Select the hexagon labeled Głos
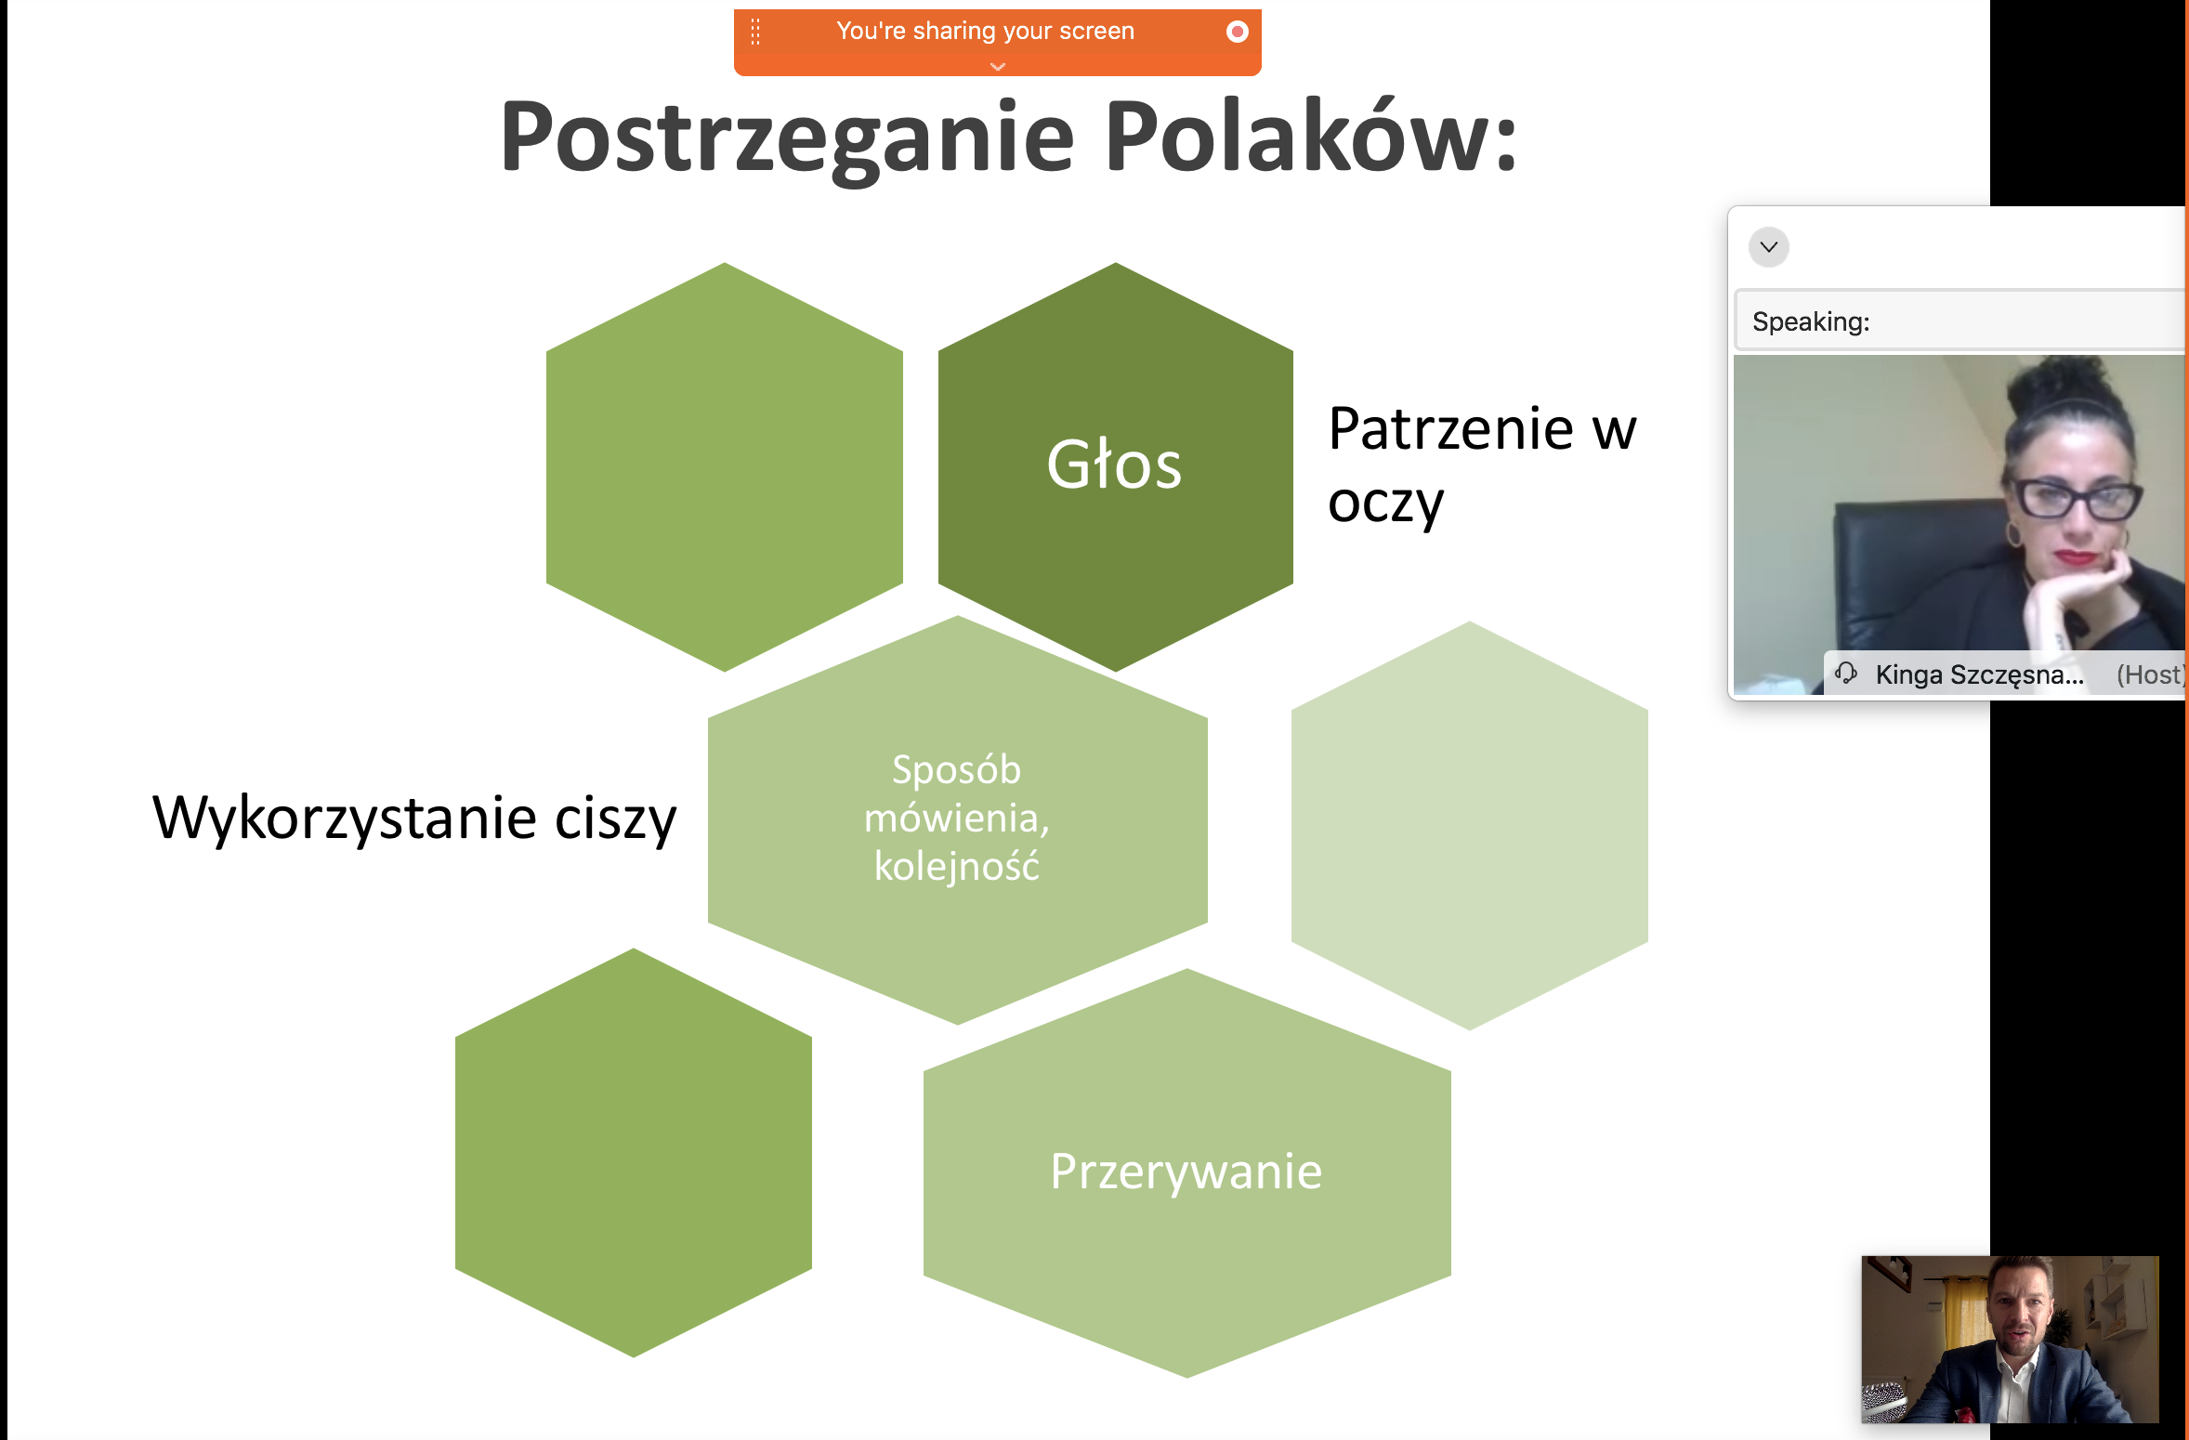pyautogui.click(x=1115, y=466)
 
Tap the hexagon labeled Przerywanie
pyautogui.click(x=1186, y=1172)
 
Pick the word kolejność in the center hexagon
pyautogui.click(x=956, y=867)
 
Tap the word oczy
pyautogui.click(x=1385, y=504)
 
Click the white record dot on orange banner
pyautogui.click(x=1237, y=32)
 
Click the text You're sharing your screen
pyautogui.click(x=985, y=31)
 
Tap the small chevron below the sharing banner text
pyautogui.click(x=998, y=66)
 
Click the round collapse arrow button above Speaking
pyautogui.click(x=1768, y=247)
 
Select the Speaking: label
pyautogui.click(x=1810, y=321)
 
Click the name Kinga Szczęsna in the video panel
pyautogui.click(x=1979, y=674)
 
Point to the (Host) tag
pyautogui.click(x=2151, y=674)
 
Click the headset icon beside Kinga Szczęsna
pyautogui.click(x=1845, y=673)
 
